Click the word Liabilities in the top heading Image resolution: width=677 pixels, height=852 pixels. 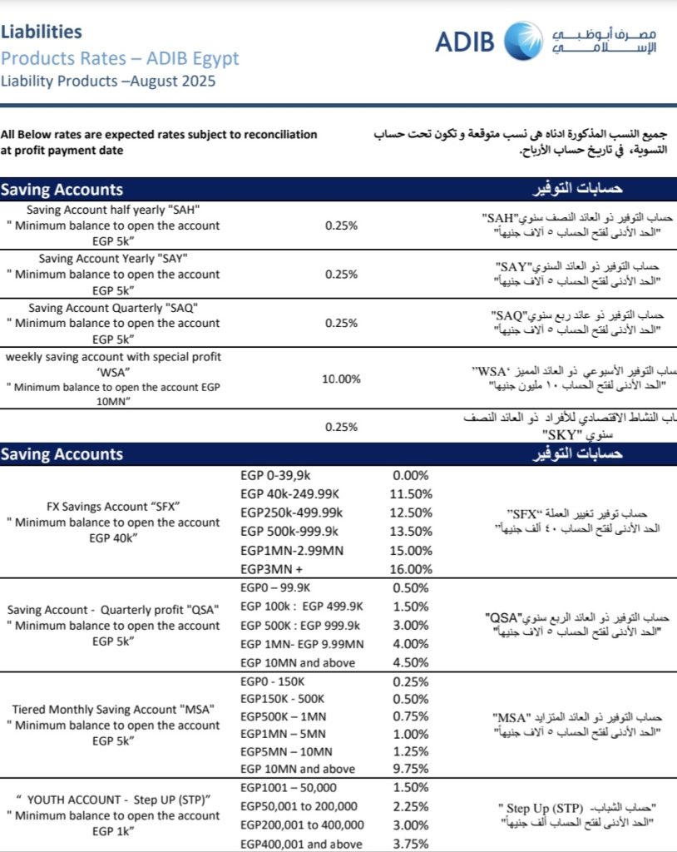[x=42, y=32]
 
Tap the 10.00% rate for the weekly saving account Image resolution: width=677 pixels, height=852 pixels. [x=341, y=379]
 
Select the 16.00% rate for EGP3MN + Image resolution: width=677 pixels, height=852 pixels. [x=411, y=569]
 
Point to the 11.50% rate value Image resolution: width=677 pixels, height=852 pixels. [x=411, y=494]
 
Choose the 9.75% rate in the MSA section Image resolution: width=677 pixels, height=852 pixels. [x=411, y=769]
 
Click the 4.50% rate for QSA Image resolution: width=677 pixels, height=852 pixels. [x=411, y=663]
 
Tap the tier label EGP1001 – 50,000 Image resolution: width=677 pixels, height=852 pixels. [x=287, y=787]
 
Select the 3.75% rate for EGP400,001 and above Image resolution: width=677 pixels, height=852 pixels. [x=411, y=844]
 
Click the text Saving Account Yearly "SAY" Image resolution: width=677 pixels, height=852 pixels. [x=113, y=258]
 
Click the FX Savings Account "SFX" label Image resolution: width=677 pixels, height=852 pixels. [x=114, y=506]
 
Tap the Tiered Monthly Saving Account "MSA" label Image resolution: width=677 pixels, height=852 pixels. [x=114, y=709]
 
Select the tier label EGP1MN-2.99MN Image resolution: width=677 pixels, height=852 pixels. [x=291, y=550]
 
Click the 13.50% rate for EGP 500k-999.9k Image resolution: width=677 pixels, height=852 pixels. [x=411, y=532]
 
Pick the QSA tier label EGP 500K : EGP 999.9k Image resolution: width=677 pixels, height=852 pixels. [x=299, y=625]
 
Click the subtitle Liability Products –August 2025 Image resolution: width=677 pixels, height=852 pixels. [x=108, y=82]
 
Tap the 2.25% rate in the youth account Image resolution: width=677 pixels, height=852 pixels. [x=411, y=806]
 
